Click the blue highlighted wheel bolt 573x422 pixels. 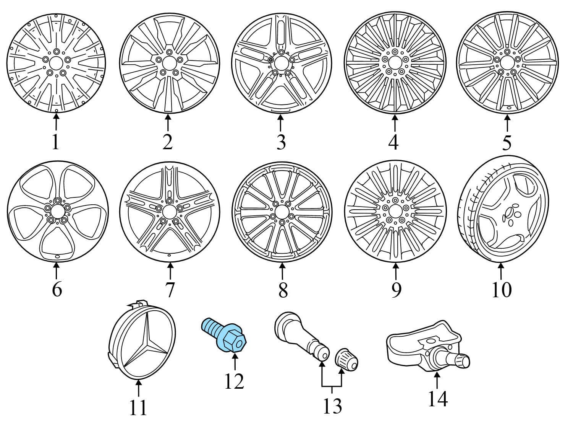[224, 336]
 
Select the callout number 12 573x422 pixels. [234, 381]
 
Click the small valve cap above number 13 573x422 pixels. [346, 359]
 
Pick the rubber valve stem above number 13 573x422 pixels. [301, 336]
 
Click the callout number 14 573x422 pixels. [438, 399]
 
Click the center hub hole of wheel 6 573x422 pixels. [58, 212]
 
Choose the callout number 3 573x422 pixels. [281, 142]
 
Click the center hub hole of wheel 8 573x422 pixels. [282, 212]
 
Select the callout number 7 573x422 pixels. [170, 290]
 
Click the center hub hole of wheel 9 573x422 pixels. [395, 212]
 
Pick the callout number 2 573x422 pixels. [168, 142]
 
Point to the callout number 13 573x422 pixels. [332, 406]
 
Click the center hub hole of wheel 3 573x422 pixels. [281, 63]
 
